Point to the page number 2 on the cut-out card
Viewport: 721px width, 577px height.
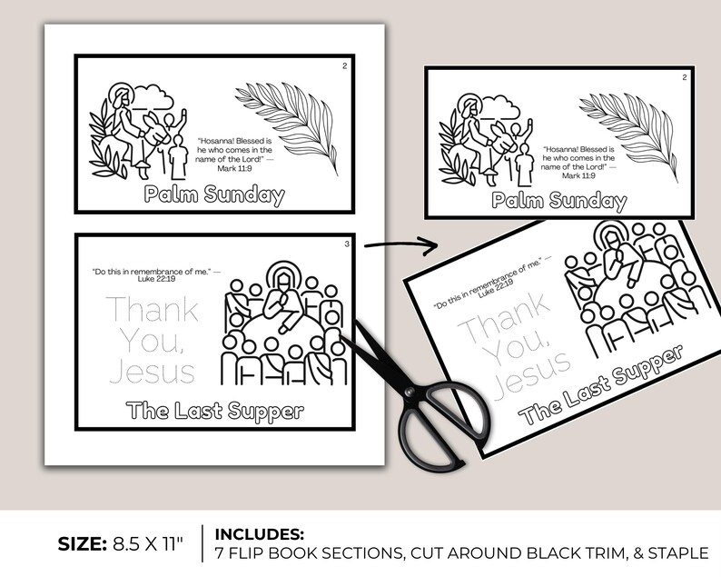[684, 77]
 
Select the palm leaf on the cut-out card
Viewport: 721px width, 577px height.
[627, 126]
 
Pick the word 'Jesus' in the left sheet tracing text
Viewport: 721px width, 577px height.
[152, 371]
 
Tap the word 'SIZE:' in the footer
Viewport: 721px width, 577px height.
[81, 544]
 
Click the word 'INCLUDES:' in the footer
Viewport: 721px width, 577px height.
[259, 533]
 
